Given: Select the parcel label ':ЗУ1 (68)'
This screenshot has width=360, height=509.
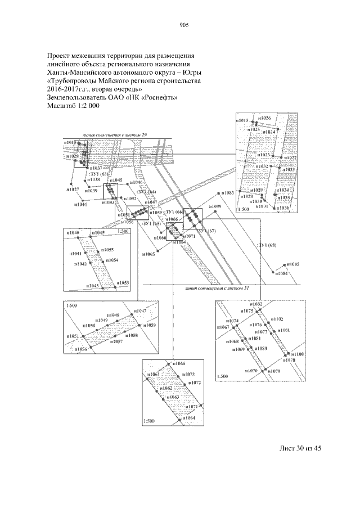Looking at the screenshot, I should [x=267, y=245].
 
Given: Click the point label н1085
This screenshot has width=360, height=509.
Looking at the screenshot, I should [x=293, y=264].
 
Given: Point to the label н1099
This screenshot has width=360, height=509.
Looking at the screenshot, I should [x=216, y=207].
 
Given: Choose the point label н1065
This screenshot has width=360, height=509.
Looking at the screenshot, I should [x=147, y=255].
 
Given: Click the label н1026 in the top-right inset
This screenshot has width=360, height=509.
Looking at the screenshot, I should [x=263, y=118].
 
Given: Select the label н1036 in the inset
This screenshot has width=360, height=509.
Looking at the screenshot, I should [x=282, y=208].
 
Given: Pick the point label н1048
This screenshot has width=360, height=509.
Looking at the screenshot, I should [x=112, y=315].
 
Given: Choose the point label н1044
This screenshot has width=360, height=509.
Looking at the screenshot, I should [x=80, y=205].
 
